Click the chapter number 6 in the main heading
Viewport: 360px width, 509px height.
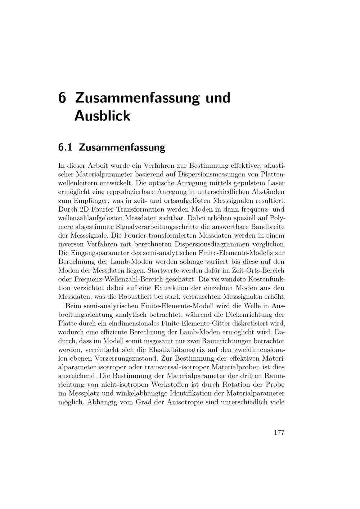click(62, 98)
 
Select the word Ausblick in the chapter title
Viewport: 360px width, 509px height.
click(102, 116)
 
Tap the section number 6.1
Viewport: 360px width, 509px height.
click(65, 147)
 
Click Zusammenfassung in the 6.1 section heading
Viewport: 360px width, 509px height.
click(122, 147)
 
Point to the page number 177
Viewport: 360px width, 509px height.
click(279, 433)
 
